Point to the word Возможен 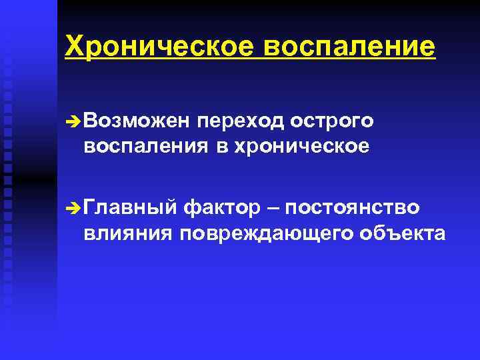pos(133,121)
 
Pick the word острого pos(331,122)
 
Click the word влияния pos(126,233)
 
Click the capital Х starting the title pos(73,46)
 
